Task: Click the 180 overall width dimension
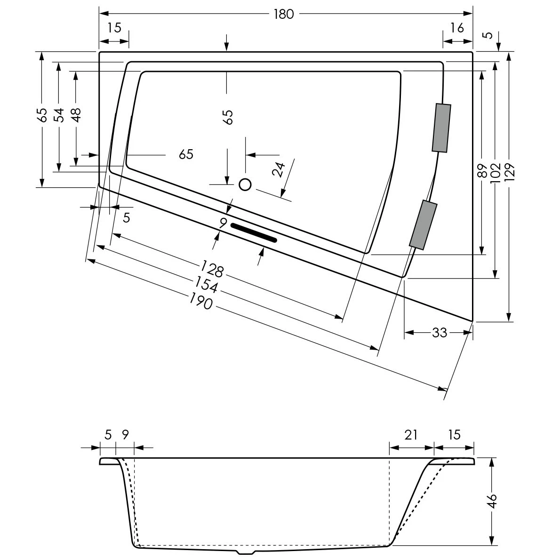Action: pos(283,14)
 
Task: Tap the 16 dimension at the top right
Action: pos(457,28)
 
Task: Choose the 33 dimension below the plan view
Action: pos(439,333)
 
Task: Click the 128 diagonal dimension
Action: pos(212,270)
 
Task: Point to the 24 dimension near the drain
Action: pos(280,169)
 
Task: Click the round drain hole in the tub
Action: pos(245,184)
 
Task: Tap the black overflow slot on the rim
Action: pos(254,232)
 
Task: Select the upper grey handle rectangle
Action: pos(441,128)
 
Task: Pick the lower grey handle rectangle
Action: pos(423,224)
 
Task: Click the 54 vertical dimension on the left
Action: pos(59,114)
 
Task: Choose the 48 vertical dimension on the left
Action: pos(76,114)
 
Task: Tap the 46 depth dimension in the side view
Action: pos(491,500)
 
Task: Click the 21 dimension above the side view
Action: pos(411,435)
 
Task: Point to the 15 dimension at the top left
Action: pos(114,28)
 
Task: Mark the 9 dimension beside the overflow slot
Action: pos(224,222)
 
